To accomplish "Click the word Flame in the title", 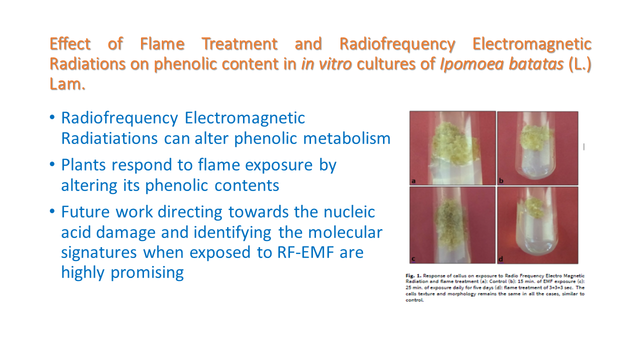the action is pyautogui.click(x=162, y=44).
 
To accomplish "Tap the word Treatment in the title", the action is pyautogui.click(x=239, y=44).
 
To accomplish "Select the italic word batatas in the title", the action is pyautogui.click(x=501, y=63).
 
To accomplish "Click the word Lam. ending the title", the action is pyautogui.click(x=67, y=84).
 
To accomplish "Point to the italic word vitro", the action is pyautogui.click(x=335, y=63).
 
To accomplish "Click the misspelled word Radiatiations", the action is pyautogui.click(x=109, y=138).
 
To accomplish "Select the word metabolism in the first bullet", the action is pyautogui.click(x=346, y=138).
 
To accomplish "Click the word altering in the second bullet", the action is pyautogui.click(x=89, y=185).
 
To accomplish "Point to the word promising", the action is pyautogui.click(x=147, y=273).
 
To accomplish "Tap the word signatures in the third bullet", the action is pyautogui.click(x=99, y=253).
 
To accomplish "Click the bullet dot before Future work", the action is pyautogui.click(x=52, y=211).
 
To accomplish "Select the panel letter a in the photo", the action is pyautogui.click(x=413, y=181).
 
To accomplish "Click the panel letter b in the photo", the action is pyautogui.click(x=501, y=180).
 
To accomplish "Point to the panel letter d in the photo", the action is pyautogui.click(x=501, y=259).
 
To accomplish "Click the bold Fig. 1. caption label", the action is pyautogui.click(x=413, y=275).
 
